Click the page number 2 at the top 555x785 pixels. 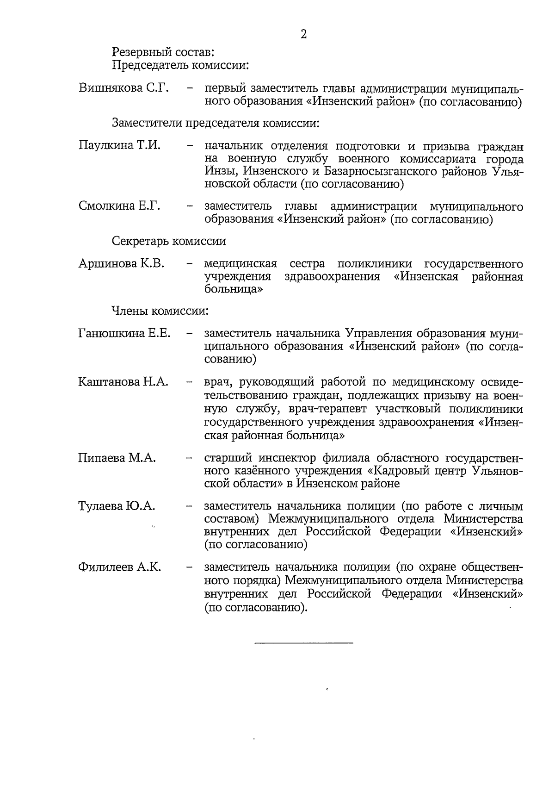[x=304, y=35]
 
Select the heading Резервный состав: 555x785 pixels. [x=163, y=51]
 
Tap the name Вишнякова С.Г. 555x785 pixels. [x=124, y=88]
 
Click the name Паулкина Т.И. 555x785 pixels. [x=119, y=146]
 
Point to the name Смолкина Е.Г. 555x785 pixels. [x=119, y=206]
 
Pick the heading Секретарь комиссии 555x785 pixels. [x=169, y=241]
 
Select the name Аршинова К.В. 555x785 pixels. [x=121, y=264]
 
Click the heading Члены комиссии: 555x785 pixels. [x=160, y=311]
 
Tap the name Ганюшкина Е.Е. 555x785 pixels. [x=124, y=333]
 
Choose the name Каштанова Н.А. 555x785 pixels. [x=123, y=382]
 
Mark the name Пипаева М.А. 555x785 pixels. [x=117, y=458]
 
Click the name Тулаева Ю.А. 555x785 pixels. [x=117, y=506]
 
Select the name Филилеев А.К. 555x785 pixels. [x=119, y=567]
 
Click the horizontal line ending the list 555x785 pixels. [x=303, y=642]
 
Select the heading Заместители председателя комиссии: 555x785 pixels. [x=216, y=124]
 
